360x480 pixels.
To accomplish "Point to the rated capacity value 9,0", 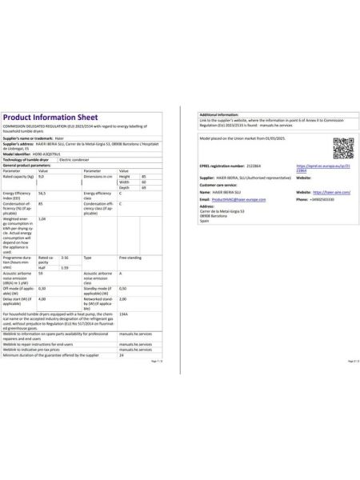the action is point(42,176).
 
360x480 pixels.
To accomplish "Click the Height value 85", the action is point(143,176).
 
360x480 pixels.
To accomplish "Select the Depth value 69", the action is point(143,187).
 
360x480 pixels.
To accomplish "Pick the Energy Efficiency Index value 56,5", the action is point(42,194).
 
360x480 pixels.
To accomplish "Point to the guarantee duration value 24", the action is point(121,354).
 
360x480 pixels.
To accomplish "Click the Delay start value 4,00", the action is point(42,298).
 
